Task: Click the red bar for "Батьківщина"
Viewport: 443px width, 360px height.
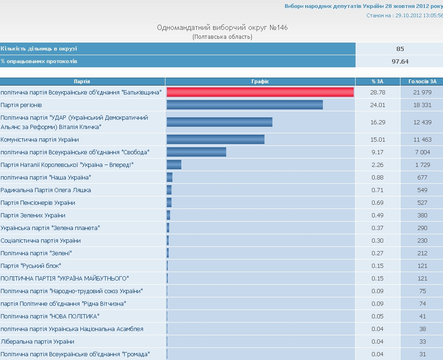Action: (260, 92)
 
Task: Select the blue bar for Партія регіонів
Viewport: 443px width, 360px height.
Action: (244, 105)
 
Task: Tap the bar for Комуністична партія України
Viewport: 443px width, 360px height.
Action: (215, 139)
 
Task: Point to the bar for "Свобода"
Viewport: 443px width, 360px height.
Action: (196, 152)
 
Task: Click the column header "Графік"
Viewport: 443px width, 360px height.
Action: (260, 81)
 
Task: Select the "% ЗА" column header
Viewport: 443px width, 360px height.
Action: (378, 81)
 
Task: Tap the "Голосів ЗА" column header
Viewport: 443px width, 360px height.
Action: (422, 81)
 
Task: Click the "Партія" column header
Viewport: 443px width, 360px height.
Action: (82, 81)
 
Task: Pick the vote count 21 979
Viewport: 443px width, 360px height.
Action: (422, 93)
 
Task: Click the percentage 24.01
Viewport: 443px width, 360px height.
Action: (378, 105)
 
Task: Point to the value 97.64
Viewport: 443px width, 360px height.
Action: (400, 61)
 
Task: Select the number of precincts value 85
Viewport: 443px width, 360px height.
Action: (400, 49)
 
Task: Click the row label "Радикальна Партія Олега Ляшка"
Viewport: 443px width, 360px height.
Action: (46, 190)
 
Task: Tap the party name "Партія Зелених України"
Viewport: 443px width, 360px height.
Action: (33, 216)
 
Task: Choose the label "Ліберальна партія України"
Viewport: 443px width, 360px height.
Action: (37, 342)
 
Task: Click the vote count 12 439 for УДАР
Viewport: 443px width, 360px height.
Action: (422, 122)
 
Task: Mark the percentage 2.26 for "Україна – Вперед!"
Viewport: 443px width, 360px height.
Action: (378, 165)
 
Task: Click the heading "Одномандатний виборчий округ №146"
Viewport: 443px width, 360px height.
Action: (222, 28)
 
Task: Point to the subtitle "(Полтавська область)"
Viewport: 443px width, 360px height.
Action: (222, 37)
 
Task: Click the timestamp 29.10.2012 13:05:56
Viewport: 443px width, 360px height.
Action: (419, 15)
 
